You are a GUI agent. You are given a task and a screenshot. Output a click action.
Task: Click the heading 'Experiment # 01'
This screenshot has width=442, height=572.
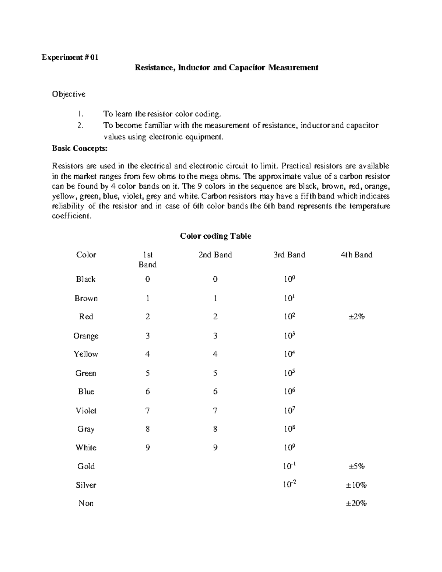tap(70, 57)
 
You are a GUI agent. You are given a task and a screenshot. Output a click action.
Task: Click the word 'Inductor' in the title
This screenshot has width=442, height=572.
tap(194, 68)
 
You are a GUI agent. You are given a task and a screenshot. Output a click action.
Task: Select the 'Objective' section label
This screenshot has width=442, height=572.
tap(69, 94)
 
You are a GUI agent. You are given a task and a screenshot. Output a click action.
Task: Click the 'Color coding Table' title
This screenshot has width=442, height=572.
tap(215, 236)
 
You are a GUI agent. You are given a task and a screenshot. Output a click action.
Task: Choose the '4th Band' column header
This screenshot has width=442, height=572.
tap(356, 255)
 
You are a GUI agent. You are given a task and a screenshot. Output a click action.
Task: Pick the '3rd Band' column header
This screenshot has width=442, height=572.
tap(289, 255)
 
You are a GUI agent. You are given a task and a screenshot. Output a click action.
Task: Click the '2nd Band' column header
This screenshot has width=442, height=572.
tap(215, 255)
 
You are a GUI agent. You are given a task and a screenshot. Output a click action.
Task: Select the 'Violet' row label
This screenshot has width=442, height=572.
tap(86, 411)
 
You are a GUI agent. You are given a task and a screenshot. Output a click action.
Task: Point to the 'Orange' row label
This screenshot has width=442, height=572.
tap(86, 336)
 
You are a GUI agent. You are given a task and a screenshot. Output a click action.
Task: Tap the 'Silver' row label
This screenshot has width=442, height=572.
tap(86, 485)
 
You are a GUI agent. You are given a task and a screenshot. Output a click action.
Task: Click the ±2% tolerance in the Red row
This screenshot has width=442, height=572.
tap(356, 317)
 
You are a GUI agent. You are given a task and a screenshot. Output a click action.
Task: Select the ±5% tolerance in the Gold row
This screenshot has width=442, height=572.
tap(356, 467)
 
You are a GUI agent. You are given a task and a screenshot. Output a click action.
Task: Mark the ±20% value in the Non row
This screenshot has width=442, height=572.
tap(356, 503)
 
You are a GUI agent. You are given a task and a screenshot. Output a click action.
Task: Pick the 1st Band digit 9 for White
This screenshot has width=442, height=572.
tap(147, 448)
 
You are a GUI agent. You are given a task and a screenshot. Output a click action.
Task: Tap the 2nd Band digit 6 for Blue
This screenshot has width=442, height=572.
tap(215, 392)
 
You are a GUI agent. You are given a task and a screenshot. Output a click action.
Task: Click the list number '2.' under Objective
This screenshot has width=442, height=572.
tap(81, 126)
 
